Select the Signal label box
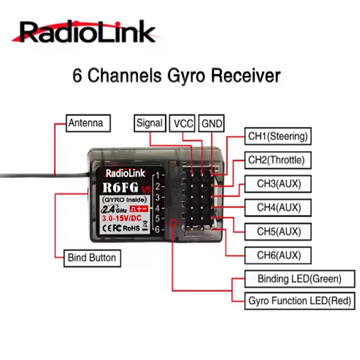pyautogui.click(x=149, y=123)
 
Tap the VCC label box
pyautogui.click(x=183, y=123)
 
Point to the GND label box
pyautogui.click(x=211, y=123)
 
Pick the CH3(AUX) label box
pyautogui.click(x=278, y=184)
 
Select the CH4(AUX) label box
pyautogui.click(x=278, y=207)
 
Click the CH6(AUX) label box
pyautogui.click(x=278, y=255)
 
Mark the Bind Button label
pyautogui.click(x=91, y=258)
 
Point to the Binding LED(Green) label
pyautogui.click(x=299, y=279)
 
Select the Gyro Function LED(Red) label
pyautogui.click(x=299, y=301)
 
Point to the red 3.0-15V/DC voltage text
pyautogui.click(x=121, y=218)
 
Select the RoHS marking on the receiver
pyautogui.click(x=131, y=228)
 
